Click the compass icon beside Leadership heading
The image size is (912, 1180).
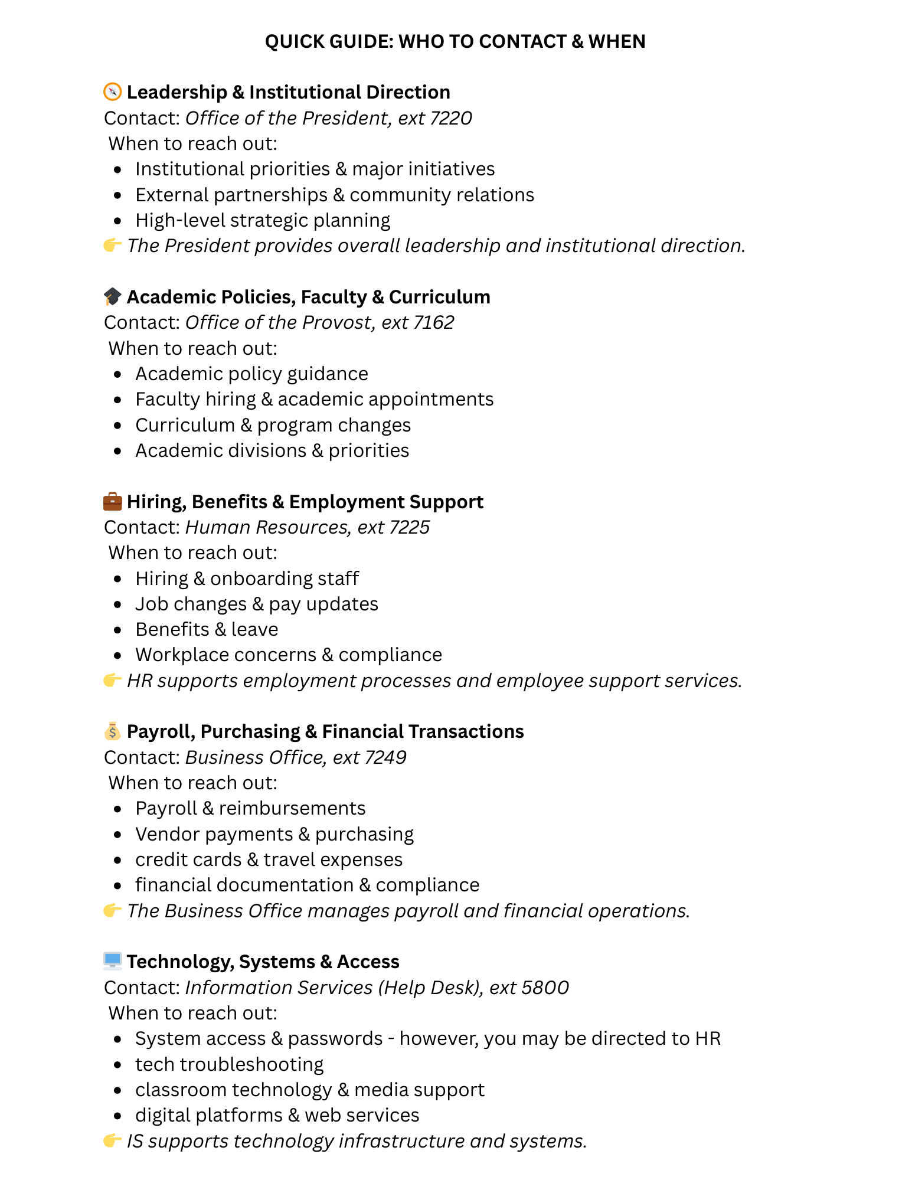[x=112, y=92]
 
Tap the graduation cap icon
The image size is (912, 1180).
[x=112, y=296]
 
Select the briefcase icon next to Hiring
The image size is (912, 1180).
[x=112, y=501]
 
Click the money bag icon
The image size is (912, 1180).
[x=112, y=731]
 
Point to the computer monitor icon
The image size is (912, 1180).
[x=112, y=961]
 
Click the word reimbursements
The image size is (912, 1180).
[x=292, y=808]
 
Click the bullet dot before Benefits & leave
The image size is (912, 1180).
[x=118, y=630]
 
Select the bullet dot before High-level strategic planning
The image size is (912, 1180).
[x=118, y=221]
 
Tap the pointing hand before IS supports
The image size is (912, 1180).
[x=112, y=1140]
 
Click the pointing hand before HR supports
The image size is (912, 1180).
[x=112, y=680]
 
